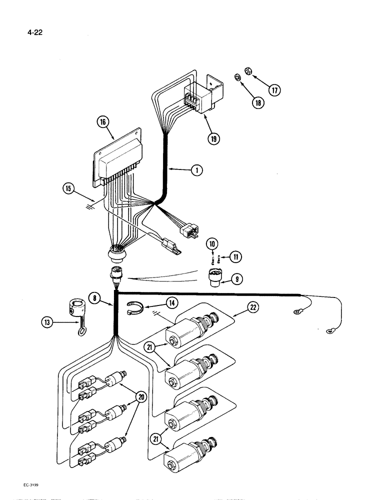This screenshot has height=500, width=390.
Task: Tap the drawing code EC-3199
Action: coord(31,484)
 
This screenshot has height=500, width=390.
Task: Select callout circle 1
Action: coord(196,170)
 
